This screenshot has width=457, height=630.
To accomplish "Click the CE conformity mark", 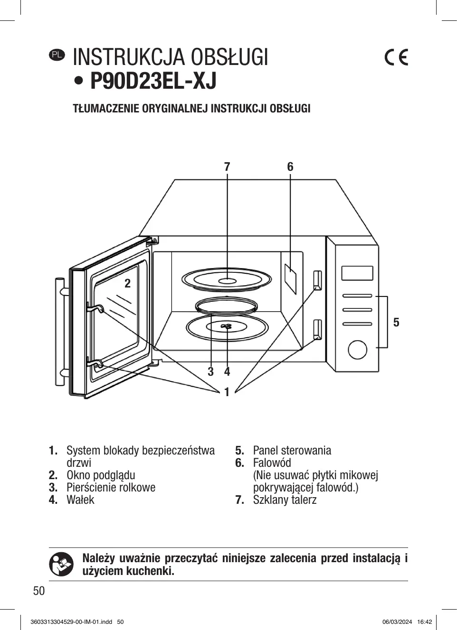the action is (x=396, y=57).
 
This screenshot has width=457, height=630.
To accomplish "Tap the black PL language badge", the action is (x=57, y=55).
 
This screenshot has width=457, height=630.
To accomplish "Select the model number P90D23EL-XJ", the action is (x=153, y=81).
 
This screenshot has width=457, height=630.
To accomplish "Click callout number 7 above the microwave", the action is (x=227, y=167).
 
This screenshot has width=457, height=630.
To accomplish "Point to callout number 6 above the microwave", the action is (x=290, y=167).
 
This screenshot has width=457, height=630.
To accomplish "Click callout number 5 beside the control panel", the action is (x=396, y=322).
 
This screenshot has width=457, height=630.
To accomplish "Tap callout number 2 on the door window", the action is (x=128, y=284).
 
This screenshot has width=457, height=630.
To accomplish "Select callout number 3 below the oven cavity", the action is (x=210, y=371).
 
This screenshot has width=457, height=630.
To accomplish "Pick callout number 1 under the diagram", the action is (x=227, y=392).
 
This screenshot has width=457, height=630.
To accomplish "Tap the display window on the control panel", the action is (x=357, y=273).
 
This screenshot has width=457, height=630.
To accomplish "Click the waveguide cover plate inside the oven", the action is (x=290, y=279).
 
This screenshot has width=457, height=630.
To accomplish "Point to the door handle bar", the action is (x=60, y=332).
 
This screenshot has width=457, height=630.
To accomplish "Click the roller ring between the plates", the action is (x=227, y=306).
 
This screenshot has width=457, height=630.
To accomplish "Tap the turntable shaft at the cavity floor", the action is (x=227, y=326).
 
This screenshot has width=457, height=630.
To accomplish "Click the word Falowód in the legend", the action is (x=272, y=463).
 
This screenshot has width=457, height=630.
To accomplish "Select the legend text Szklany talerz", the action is (x=285, y=500).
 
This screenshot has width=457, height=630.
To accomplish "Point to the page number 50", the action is (x=39, y=591).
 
